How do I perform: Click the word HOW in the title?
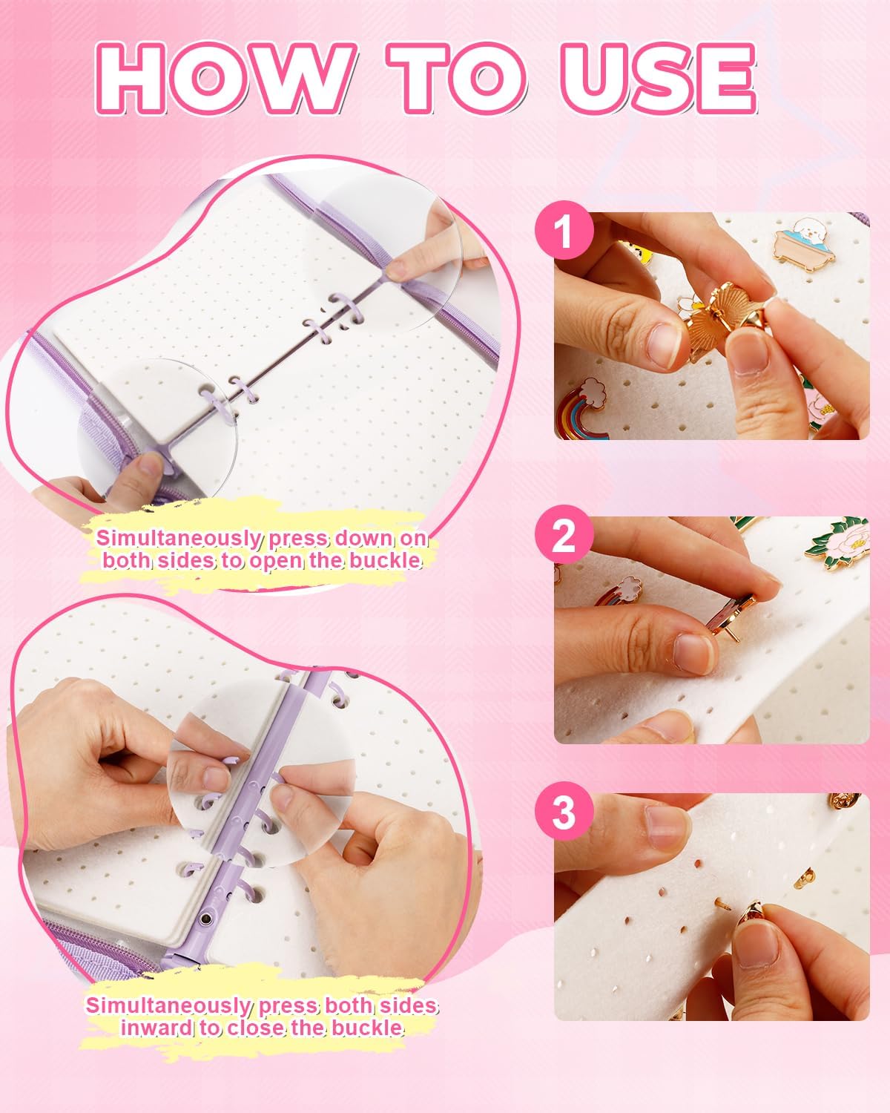click(223, 78)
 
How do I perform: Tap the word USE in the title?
click(659, 78)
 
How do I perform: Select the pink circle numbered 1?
click(564, 231)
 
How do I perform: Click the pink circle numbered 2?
click(564, 535)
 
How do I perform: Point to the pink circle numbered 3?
click(564, 812)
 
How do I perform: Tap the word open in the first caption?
click(276, 561)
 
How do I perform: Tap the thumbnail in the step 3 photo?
click(756, 945)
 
